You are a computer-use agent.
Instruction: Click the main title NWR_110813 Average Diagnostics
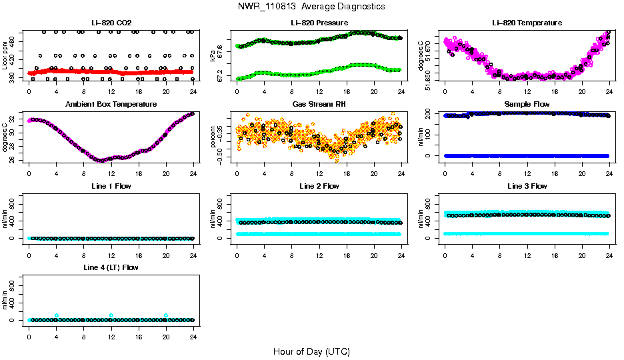(x=311, y=6)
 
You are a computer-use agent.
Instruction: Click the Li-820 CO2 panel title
(x=111, y=23)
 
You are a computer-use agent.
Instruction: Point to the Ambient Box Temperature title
(x=111, y=104)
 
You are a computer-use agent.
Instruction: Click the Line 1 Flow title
(x=111, y=186)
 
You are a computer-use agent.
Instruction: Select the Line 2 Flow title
(x=319, y=186)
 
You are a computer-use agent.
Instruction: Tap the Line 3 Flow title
(x=527, y=186)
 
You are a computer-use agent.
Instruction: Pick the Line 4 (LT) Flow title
(x=111, y=267)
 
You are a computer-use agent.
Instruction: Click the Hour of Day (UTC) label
(x=311, y=351)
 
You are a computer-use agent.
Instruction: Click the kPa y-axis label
(x=213, y=55)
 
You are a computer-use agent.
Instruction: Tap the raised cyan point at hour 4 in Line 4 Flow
(x=57, y=315)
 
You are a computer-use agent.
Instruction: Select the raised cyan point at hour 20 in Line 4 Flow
(x=166, y=315)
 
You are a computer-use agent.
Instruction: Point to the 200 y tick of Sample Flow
(x=435, y=115)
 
